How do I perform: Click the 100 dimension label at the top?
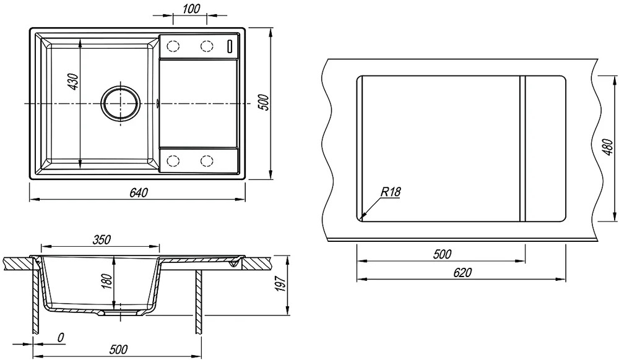192,8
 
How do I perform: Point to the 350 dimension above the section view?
102,239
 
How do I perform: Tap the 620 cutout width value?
462,272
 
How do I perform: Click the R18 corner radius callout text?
390,192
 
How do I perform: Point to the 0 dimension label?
61,337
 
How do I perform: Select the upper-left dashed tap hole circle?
173,46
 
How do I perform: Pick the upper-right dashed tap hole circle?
206,46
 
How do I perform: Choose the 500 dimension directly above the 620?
442,254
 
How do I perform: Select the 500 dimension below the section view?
118,349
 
